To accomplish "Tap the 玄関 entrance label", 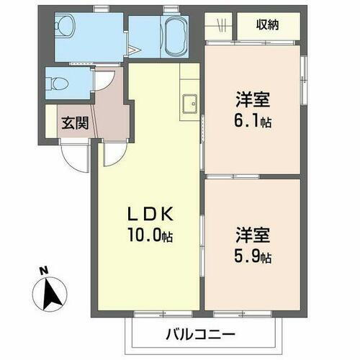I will click(74, 123).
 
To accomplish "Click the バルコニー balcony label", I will click(200, 334).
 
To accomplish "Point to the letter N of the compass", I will click(44, 271).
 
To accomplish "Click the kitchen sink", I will click(191, 104).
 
